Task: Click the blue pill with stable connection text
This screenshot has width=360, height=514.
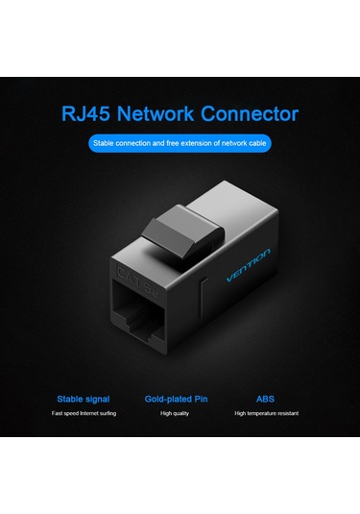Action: [180, 144]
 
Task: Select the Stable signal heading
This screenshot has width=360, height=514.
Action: [83, 398]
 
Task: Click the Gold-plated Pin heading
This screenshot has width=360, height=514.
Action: [180, 398]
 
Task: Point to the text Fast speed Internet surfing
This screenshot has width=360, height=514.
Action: [83, 413]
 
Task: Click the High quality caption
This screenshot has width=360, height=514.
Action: [180, 413]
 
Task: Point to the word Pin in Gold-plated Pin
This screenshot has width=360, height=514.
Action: [202, 398]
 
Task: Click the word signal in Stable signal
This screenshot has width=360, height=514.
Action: [97, 398]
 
